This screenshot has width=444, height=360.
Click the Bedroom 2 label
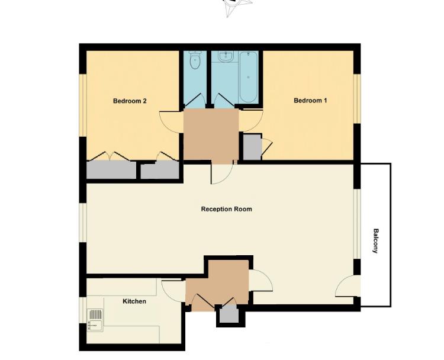130,101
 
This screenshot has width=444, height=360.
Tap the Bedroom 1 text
310,101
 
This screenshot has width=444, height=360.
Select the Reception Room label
226,209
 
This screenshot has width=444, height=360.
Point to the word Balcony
375,241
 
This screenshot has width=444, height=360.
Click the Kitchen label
134,301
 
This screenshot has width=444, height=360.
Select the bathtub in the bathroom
248,77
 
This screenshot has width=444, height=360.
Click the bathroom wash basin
225,57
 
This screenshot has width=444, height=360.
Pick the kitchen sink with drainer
95,320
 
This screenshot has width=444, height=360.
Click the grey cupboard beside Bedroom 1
252,147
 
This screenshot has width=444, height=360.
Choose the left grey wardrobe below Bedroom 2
111,171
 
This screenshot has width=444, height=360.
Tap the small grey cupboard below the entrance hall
228,316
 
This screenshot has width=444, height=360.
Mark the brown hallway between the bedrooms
211,135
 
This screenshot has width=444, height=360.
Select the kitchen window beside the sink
83,310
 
